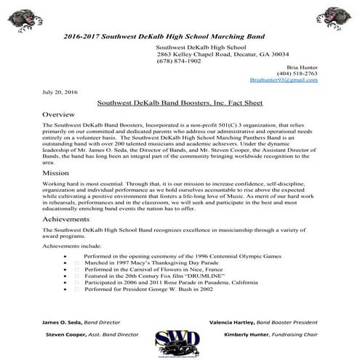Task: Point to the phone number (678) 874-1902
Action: point(177,60)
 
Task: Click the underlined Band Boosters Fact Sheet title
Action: point(180,105)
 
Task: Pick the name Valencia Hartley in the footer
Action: point(233,321)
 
